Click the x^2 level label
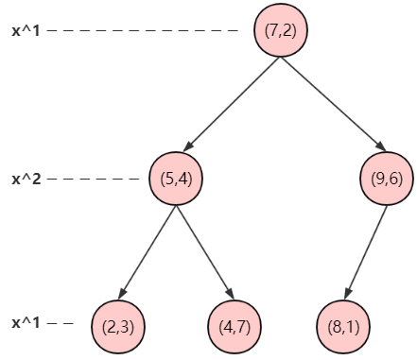[26, 179]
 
